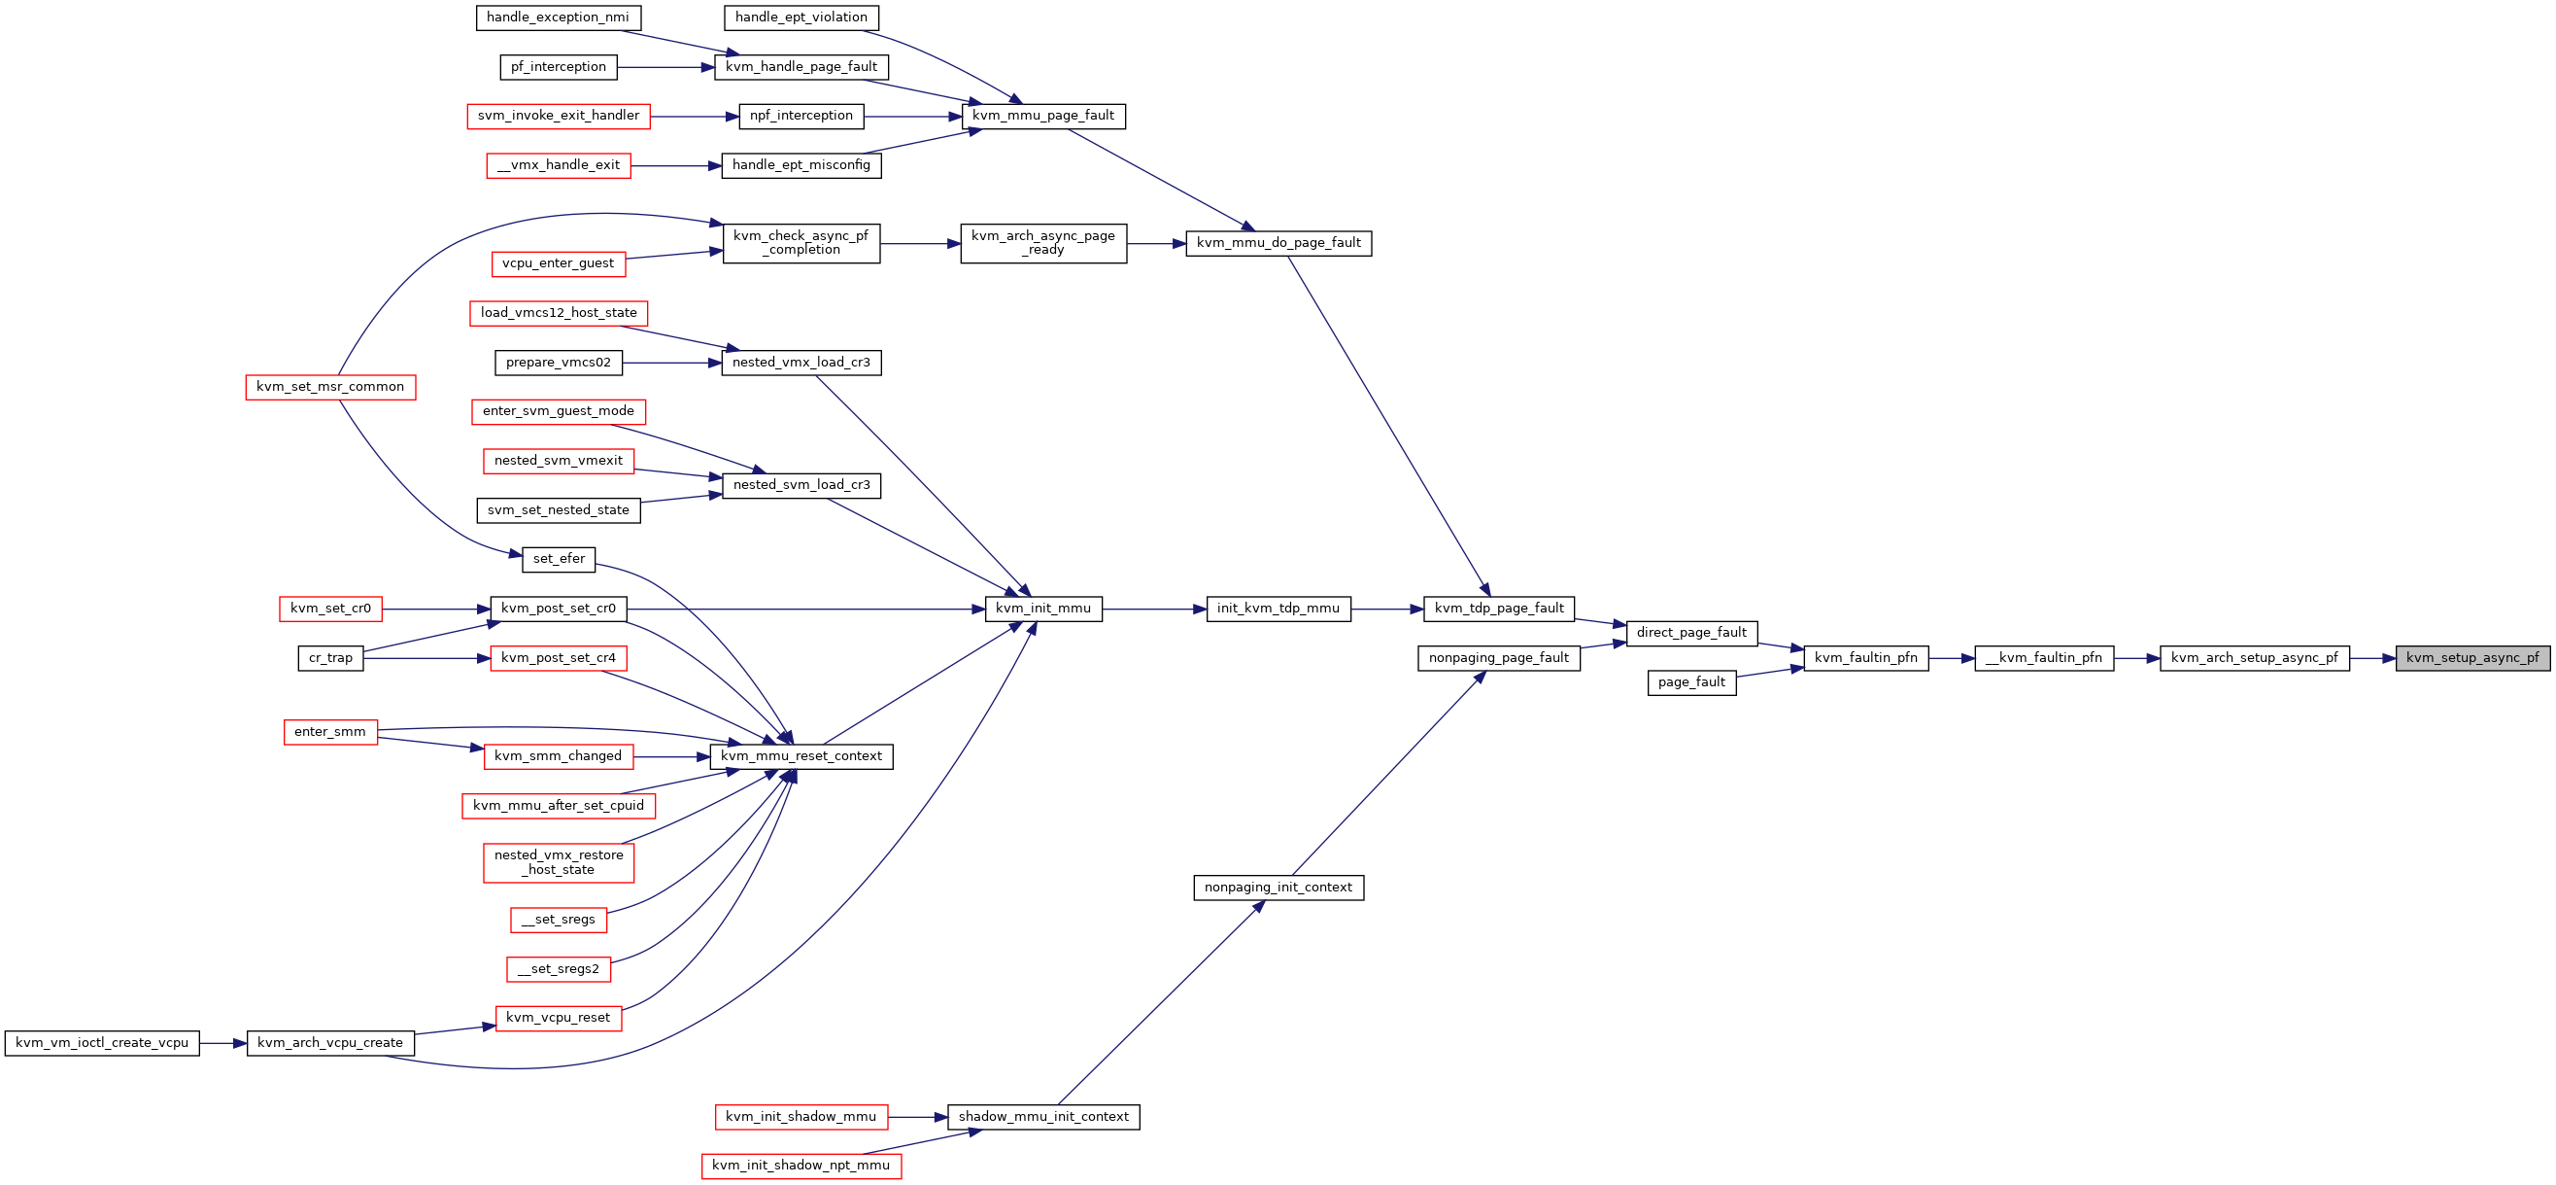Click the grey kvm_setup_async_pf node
click(2472, 658)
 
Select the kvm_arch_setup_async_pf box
click(2255, 658)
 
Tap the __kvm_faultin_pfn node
click(2044, 658)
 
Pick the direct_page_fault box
click(1691, 633)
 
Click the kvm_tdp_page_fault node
click(1499, 609)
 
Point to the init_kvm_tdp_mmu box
click(1278, 609)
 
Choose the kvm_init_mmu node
click(1042, 609)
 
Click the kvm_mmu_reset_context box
click(801, 756)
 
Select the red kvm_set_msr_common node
click(330, 387)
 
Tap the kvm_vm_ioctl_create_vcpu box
click(102, 1043)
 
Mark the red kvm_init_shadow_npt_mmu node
click(801, 1166)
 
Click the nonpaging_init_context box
click(1278, 888)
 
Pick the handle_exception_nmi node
click(558, 17)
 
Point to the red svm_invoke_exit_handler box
click(559, 116)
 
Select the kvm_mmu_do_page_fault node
click(1278, 243)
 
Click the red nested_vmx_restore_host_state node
click(559, 862)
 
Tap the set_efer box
click(559, 560)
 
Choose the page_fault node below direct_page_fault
click(1691, 682)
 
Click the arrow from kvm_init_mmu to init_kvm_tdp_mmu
click(1154, 610)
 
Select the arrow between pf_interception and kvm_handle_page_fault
click(665, 67)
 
